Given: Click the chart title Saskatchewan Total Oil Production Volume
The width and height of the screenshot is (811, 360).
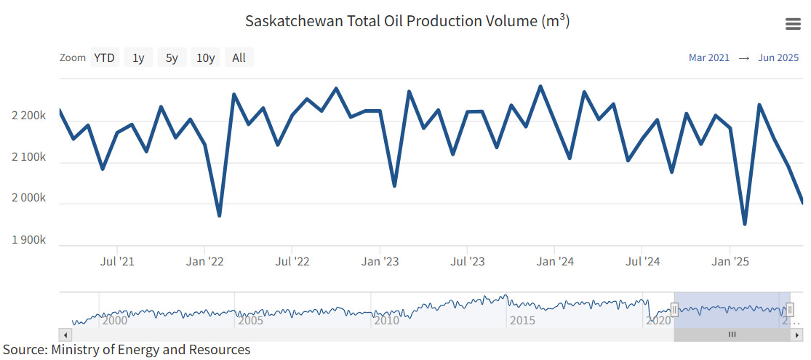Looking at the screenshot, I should point(407,20).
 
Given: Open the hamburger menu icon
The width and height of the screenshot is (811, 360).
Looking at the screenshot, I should point(793,24).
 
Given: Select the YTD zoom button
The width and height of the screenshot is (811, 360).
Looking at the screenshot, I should point(104,58).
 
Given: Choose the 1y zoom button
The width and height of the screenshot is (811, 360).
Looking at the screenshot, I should point(138,58).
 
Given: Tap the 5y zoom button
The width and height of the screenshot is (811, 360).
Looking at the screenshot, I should point(172,58).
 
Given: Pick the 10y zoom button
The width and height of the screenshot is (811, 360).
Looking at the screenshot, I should point(206,58).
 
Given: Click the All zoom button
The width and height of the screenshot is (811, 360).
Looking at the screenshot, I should point(239,58).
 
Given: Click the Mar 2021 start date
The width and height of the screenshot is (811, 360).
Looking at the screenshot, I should point(708,58).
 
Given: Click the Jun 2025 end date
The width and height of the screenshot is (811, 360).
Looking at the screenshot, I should point(778,58).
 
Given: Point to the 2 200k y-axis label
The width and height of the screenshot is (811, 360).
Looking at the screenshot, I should point(29,116).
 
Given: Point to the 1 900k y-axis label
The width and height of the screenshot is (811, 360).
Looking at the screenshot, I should point(29,240).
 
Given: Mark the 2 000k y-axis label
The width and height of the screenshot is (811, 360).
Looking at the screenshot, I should point(29,199).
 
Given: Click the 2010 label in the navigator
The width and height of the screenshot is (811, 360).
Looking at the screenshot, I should point(387,320).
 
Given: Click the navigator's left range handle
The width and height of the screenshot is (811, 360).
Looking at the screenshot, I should point(674,311).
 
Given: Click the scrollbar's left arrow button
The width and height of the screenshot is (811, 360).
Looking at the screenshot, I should point(65,335).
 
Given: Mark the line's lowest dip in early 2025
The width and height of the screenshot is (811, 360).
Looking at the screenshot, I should point(745,224).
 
